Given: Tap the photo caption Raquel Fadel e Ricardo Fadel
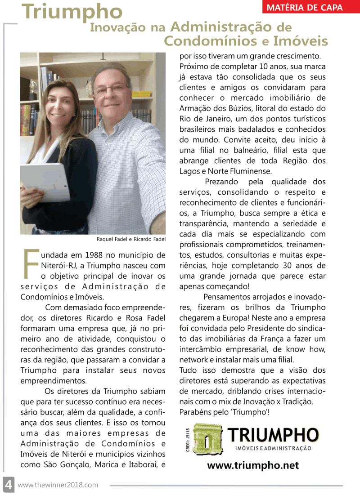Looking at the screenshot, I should (131, 239).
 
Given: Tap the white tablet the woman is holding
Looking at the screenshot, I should (45, 182).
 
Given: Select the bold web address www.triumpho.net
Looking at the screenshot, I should (253, 465).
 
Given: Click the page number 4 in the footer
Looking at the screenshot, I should (8, 485).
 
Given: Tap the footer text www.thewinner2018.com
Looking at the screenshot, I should (58, 485).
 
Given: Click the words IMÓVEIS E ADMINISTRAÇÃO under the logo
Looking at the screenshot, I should (273, 448).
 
